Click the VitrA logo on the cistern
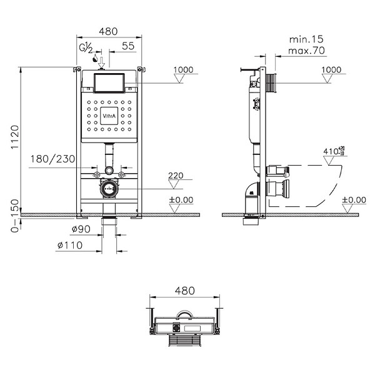pyautogui.click(x=109, y=116)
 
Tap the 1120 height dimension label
pyautogui.click(x=15, y=137)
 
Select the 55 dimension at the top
pyautogui.click(x=128, y=46)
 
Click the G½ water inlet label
pyautogui.click(x=86, y=47)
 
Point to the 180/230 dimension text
pyautogui.click(x=53, y=159)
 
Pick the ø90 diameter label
pyautogui.click(x=81, y=229)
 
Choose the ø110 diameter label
pyautogui.click(x=70, y=245)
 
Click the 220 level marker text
pyautogui.click(x=176, y=176)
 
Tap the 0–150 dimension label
pyautogui.click(x=15, y=216)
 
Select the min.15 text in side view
pyautogui.click(x=306, y=39)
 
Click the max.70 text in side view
pyautogui.click(x=306, y=51)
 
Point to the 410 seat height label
pyautogui.click(x=334, y=151)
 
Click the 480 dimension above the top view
pyautogui.click(x=185, y=291)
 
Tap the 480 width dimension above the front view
pyautogui.click(x=109, y=31)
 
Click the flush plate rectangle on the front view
pyautogui.click(x=109, y=82)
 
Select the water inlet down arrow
pyautogui.click(x=102, y=62)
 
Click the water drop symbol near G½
pyautogui.click(x=95, y=58)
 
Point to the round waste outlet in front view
pyautogui.click(x=109, y=189)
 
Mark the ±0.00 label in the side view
pyautogui.click(x=354, y=200)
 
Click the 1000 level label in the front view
pyautogui.click(x=183, y=70)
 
